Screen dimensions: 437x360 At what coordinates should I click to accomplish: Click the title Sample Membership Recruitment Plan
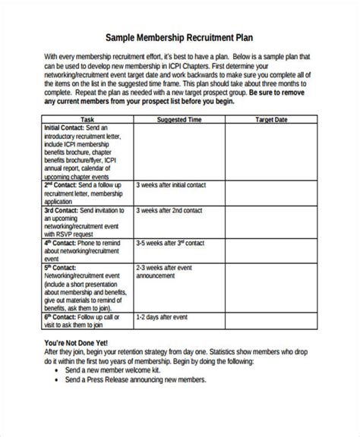(179, 36)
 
